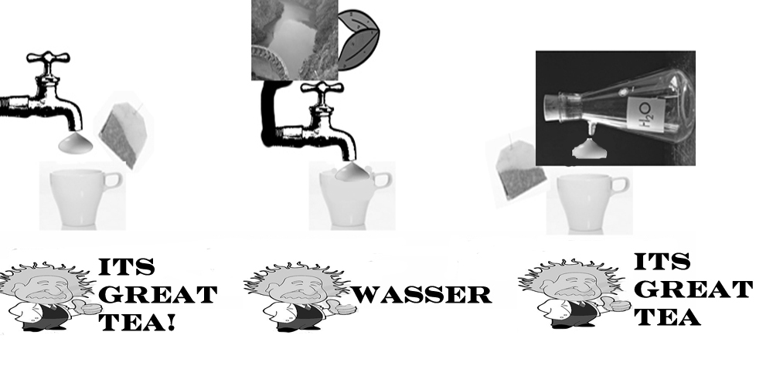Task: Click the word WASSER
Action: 423,295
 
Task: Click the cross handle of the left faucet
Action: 47,59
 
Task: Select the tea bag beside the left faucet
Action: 122,134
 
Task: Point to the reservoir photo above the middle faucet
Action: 294,40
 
